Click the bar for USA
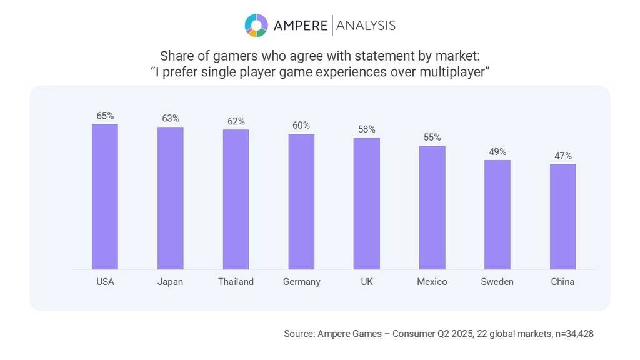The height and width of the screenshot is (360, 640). (105, 197)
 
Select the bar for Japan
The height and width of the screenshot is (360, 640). (170, 198)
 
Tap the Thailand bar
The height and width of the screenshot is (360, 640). (236, 199)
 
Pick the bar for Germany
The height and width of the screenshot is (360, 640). (301, 202)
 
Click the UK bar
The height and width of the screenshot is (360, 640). (366, 204)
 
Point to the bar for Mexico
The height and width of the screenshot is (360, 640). (432, 207)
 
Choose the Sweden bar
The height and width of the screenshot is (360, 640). (497, 214)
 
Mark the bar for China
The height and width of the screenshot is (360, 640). (562, 217)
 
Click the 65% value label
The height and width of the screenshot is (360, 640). (105, 116)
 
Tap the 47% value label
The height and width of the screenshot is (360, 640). (562, 156)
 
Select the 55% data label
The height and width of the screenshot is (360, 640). (432, 137)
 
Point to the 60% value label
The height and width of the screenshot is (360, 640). (301, 125)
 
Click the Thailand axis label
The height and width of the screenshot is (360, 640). (236, 282)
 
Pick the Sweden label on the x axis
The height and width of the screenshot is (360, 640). (497, 282)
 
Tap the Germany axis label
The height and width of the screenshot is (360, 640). (301, 282)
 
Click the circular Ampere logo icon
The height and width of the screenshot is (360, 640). (256, 25)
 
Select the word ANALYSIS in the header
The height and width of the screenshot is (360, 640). (366, 25)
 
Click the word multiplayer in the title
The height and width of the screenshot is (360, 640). (454, 72)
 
